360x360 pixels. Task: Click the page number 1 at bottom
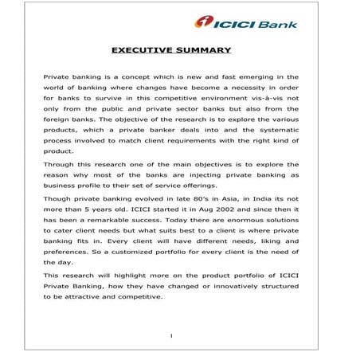[x=172, y=335]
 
